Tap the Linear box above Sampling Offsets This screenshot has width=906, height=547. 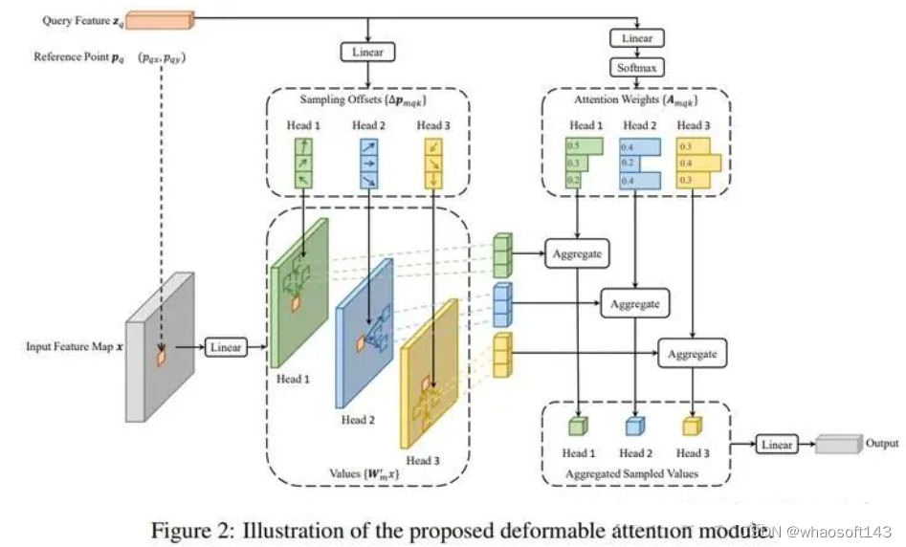pos(365,52)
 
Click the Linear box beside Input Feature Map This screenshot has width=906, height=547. pos(225,347)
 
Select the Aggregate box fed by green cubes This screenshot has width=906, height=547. pos(578,254)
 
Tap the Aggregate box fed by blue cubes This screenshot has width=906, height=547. pos(633,304)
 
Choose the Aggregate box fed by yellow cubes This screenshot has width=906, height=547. pos(692,354)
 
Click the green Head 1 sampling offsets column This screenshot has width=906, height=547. pos(302,163)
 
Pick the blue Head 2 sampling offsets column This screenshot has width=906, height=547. pos(368,163)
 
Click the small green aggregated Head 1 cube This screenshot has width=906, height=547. pos(579,427)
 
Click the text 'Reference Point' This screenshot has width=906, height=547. pos(72,56)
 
